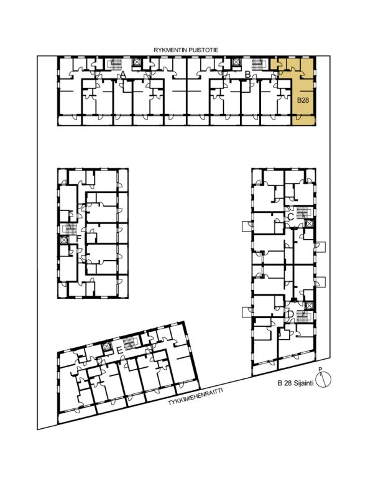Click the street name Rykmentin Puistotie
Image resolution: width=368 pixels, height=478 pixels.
tap(186, 50)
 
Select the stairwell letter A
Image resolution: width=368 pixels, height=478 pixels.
tap(123, 74)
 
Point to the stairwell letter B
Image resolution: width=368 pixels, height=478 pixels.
tap(248, 74)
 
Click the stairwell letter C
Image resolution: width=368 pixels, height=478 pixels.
tap(290, 217)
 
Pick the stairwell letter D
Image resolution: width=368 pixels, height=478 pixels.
tap(290, 314)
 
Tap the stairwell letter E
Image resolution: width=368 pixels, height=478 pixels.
tap(119, 351)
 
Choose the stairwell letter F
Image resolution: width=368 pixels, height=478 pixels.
tap(79, 238)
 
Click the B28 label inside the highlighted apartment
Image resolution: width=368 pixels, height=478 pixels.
tap(303, 100)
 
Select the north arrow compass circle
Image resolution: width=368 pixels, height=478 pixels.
tap(323, 380)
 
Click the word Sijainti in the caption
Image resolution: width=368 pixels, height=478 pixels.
tap(303, 384)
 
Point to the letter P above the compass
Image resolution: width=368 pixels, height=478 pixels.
tap(320, 370)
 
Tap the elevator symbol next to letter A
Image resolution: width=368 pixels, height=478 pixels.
tap(137, 62)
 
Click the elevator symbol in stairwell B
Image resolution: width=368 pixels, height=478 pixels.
tap(236, 62)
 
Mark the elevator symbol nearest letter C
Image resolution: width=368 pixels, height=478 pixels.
tap(309, 223)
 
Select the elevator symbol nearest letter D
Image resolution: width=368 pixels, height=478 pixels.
tap(309, 306)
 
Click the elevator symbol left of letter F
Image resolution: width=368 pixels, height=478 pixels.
tap(63, 240)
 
